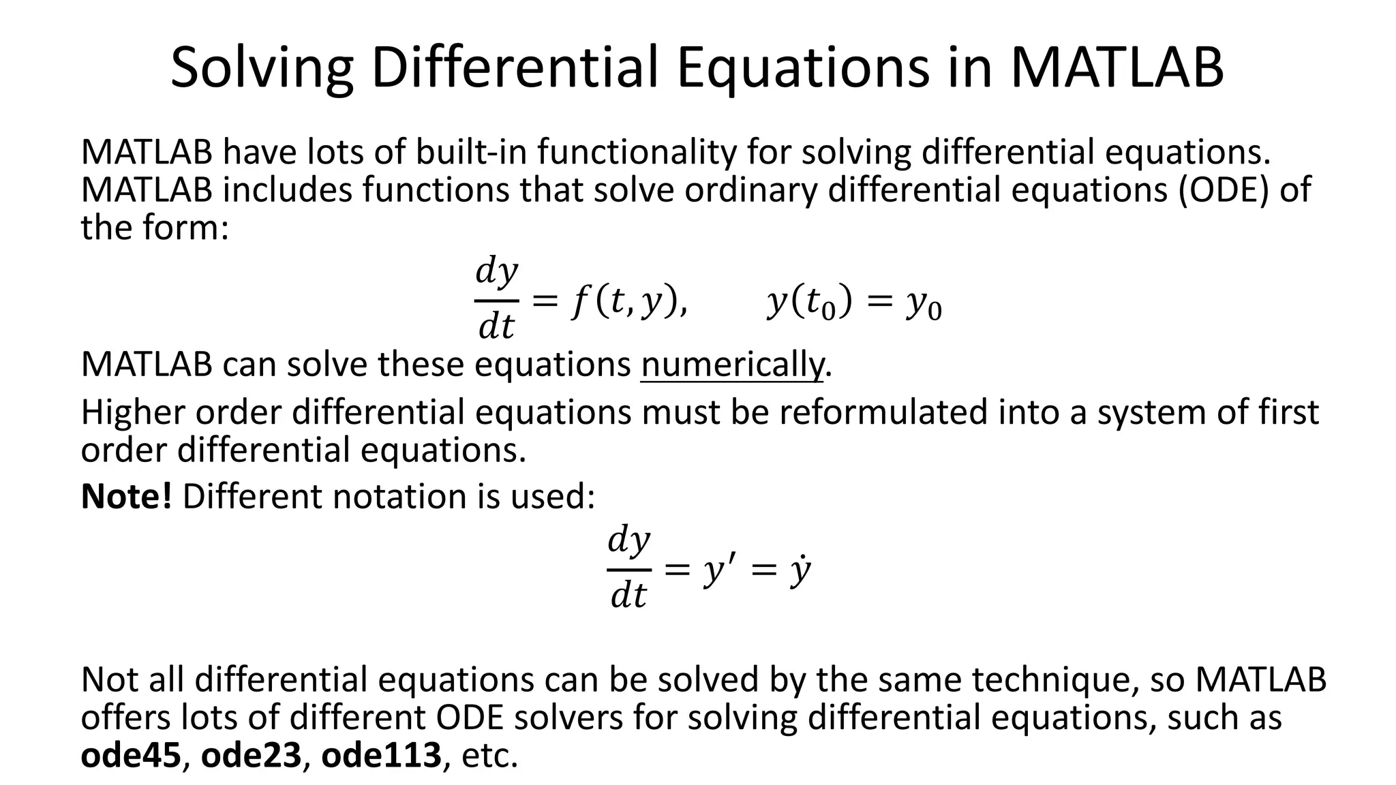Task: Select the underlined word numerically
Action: tap(731, 365)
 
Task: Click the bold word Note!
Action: tap(126, 496)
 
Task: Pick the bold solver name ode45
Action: tap(131, 755)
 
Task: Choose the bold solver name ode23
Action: tap(251, 755)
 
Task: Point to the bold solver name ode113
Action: tap(381, 755)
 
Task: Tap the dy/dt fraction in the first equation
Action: tap(496, 298)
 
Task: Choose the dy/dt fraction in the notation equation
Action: tap(628, 567)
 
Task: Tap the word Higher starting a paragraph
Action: tap(133, 412)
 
